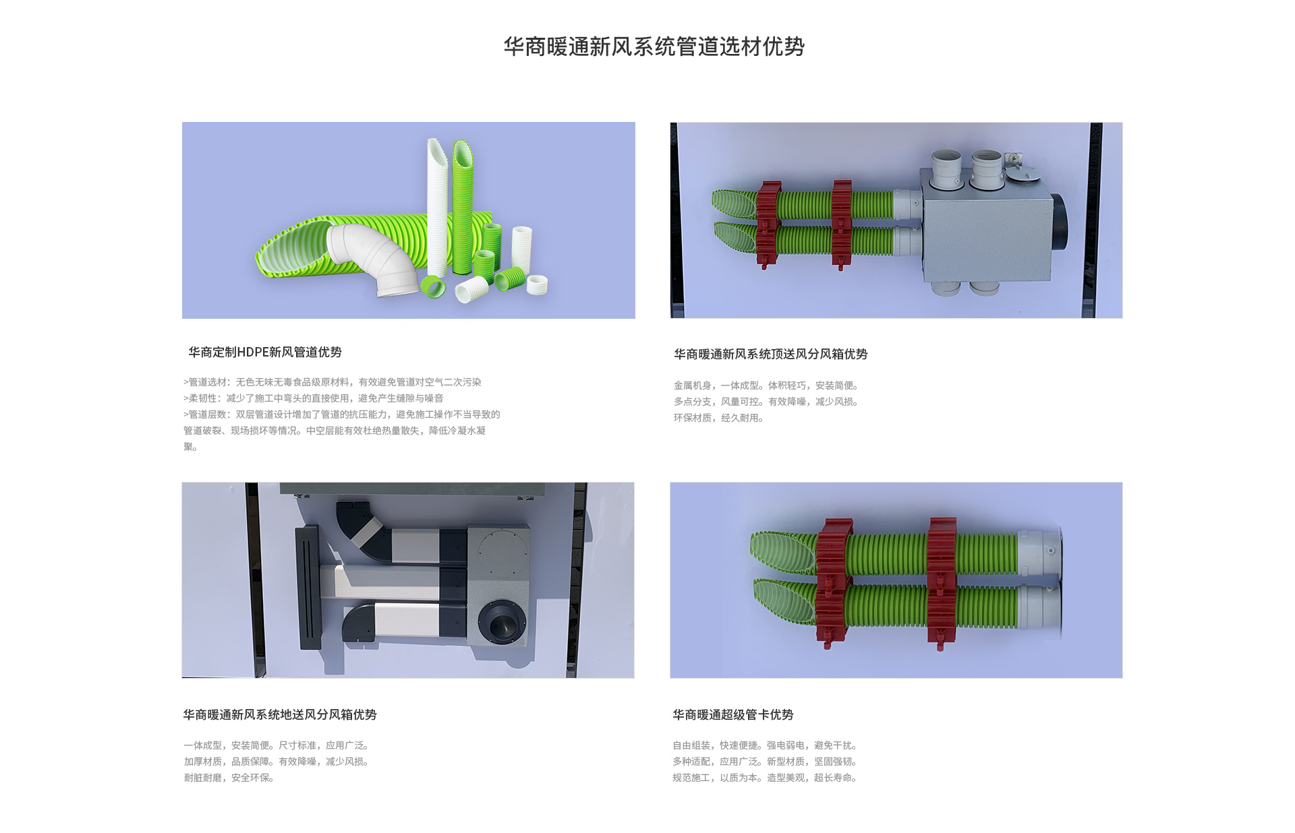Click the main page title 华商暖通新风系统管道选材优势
coord(654,47)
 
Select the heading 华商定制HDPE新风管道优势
coord(265,352)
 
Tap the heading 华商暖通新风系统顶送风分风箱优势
coord(770,354)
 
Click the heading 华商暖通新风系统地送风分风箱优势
coord(280,714)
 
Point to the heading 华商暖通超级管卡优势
coord(732,714)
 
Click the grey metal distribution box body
coord(987,229)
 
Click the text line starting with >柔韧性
coord(314,398)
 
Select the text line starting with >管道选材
coord(333,382)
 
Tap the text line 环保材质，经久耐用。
coord(719,418)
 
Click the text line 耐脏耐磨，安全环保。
coord(229,778)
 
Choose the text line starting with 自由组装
coord(765,745)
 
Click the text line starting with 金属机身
coord(766,385)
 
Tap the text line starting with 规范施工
coord(765,778)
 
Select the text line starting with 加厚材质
coord(277,762)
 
